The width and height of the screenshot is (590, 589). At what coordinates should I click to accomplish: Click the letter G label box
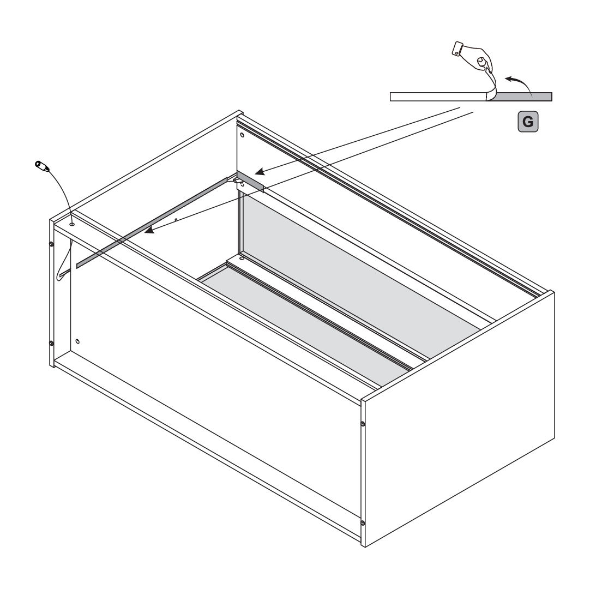[x=527, y=122]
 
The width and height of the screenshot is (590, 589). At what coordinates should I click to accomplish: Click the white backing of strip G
[x=438, y=97]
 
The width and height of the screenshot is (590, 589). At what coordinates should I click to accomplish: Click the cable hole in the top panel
[x=72, y=224]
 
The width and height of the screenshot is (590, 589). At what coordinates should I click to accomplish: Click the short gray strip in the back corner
[x=250, y=181]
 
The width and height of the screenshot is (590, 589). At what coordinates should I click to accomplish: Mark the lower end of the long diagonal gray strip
[x=77, y=266]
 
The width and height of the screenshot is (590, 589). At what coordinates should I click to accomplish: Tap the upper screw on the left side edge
[x=52, y=244]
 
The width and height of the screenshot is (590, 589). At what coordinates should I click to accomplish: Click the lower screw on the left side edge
[x=52, y=343]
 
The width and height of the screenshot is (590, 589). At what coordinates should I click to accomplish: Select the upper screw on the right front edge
[x=363, y=424]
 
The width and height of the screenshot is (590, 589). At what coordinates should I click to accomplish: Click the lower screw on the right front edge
[x=363, y=523]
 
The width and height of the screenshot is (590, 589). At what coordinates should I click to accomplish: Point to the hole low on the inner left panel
[x=77, y=341]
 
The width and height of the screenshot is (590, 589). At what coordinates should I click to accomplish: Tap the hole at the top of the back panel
[x=242, y=134]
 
